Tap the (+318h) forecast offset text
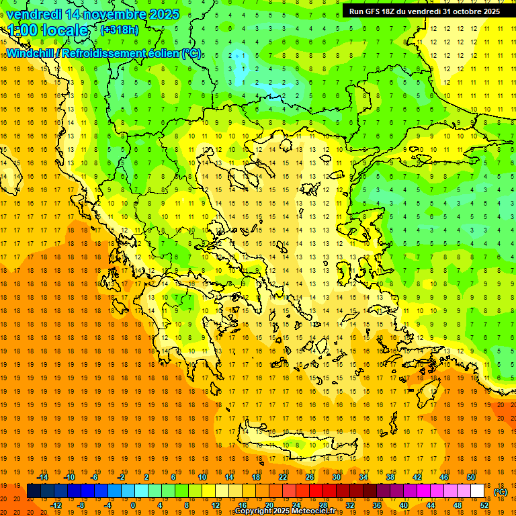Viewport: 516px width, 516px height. point(119,30)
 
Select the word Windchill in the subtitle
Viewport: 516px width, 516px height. point(30,53)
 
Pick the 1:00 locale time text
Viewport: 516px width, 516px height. point(48,30)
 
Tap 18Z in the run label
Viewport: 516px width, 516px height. point(393,11)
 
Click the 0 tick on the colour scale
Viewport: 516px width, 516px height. point(133,505)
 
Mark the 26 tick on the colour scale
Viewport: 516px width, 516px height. point(310,477)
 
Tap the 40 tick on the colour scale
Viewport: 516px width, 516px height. point(404,505)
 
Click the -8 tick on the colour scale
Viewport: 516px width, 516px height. point(81,505)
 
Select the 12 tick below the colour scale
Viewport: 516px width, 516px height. point(216,505)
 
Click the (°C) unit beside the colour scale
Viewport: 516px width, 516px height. point(500,492)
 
